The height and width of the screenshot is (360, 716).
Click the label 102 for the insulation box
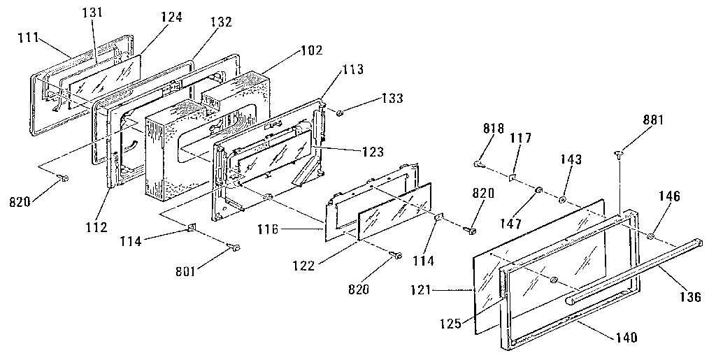pyautogui.click(x=310, y=50)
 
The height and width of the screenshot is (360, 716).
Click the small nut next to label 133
pyautogui.click(x=338, y=113)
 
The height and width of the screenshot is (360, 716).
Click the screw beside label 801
pyautogui.click(x=234, y=247)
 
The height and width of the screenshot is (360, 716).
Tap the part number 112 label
pyautogui.click(x=96, y=226)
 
